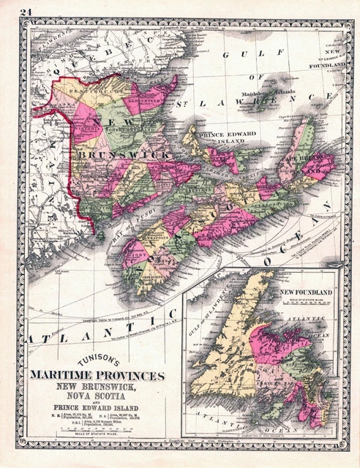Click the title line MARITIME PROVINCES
point(97,376)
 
